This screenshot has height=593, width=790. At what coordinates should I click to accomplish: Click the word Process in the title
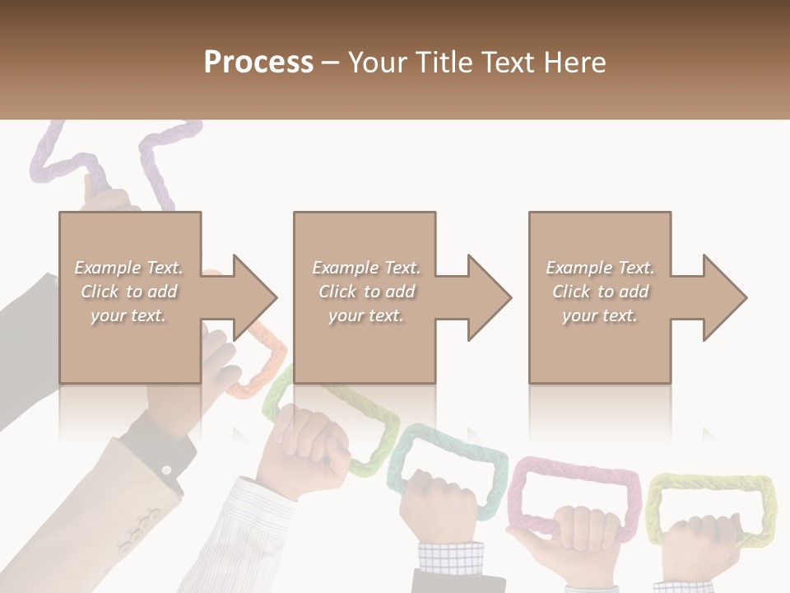(258, 63)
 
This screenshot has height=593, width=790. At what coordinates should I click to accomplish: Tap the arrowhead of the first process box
(252, 297)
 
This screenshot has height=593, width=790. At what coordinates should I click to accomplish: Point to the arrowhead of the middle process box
(487, 297)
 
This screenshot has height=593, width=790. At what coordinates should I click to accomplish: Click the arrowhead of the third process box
(723, 297)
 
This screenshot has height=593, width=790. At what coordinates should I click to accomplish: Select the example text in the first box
(128, 292)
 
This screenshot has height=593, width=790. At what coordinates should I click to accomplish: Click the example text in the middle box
(365, 292)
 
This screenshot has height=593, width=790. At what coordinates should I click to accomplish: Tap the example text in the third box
(600, 292)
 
